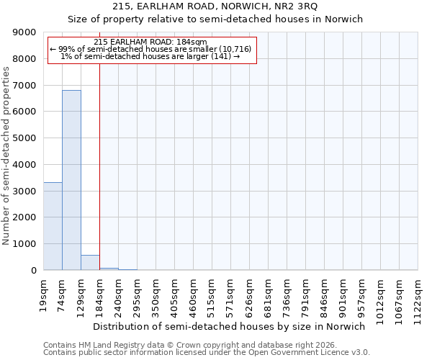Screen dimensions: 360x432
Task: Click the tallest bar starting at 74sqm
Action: (x=71, y=180)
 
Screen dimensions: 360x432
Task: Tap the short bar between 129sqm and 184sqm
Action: (x=90, y=263)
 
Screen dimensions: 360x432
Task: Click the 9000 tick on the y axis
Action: (x=25, y=32)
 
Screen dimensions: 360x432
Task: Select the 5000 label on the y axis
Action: (x=25, y=138)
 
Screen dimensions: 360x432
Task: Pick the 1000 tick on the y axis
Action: (x=25, y=244)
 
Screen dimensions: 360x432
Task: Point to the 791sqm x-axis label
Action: (x=305, y=294)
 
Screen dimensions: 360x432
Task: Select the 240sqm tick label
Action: (x=118, y=294)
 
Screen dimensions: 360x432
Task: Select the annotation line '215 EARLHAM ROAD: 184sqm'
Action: (x=150, y=42)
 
